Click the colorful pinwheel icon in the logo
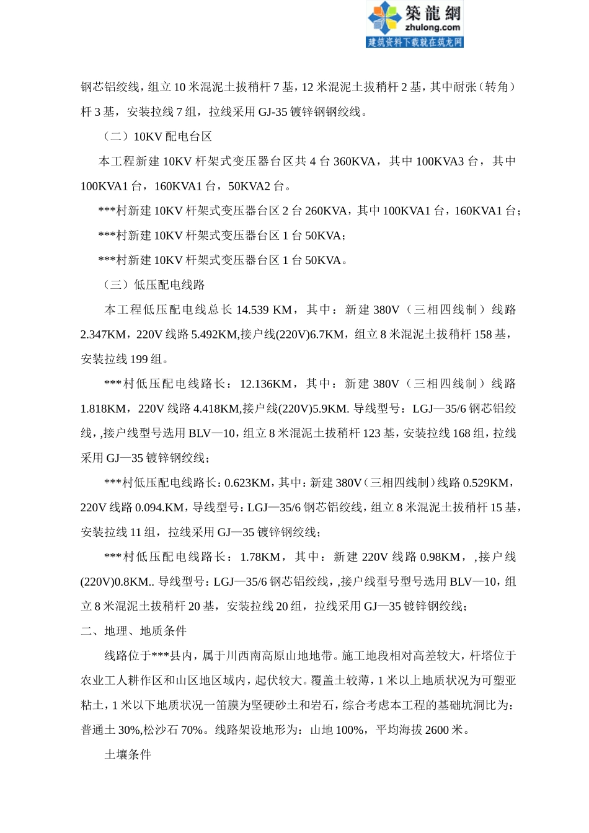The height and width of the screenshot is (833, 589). point(385,18)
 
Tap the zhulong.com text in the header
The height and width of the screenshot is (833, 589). point(432,27)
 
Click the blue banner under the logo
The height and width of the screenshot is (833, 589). point(415,42)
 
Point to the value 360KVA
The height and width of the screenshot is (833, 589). point(354,161)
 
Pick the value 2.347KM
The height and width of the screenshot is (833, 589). point(103,334)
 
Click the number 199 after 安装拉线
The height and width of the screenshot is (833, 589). point(139,359)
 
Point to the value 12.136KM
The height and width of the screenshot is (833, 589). point(266,384)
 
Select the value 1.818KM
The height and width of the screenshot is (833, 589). point(103,408)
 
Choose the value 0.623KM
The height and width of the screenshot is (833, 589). point(247,483)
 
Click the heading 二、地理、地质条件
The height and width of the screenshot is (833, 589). point(133,631)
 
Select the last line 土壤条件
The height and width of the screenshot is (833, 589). point(128,754)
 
